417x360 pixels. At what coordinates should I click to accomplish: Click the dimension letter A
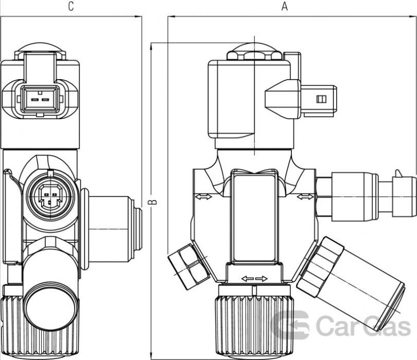click(x=285, y=6)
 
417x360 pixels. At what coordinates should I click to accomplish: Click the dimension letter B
click(x=152, y=202)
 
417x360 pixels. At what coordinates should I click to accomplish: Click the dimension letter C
click(x=71, y=6)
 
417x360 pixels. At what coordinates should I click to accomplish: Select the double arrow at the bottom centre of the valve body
click(x=254, y=279)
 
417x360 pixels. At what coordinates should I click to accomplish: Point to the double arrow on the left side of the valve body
click(x=204, y=197)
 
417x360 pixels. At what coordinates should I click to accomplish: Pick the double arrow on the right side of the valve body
click(x=305, y=197)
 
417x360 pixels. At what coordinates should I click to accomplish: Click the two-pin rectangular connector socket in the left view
click(x=40, y=99)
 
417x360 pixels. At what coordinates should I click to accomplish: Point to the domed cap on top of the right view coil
click(x=254, y=51)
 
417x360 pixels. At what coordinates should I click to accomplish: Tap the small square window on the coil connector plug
click(x=321, y=99)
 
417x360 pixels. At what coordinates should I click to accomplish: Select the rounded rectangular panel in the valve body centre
click(x=254, y=217)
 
